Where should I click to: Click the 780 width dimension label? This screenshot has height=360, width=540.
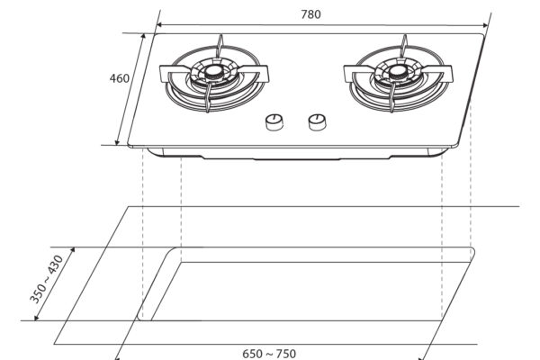click(310, 14)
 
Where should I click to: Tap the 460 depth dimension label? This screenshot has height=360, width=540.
click(120, 78)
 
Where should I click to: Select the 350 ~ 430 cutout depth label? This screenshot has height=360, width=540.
click(47, 279)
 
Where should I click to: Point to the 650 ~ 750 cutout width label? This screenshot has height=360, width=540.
click(269, 354)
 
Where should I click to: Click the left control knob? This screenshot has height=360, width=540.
click(274, 122)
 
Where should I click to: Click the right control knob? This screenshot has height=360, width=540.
click(317, 122)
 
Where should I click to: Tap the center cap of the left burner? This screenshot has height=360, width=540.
click(214, 72)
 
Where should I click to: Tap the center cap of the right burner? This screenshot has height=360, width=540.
click(399, 72)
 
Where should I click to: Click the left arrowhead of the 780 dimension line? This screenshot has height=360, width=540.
click(159, 25)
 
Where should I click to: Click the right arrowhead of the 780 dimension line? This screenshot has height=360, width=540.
click(486, 25)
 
